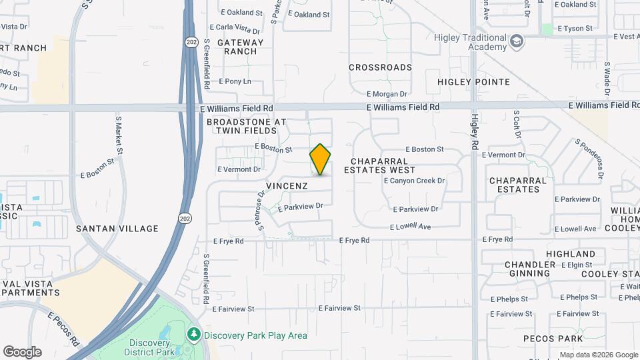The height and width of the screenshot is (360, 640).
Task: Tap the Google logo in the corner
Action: pos(22,351)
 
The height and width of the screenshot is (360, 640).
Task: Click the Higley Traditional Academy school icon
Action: pos(516,41)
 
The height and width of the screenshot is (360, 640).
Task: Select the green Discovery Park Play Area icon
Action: pos(194,333)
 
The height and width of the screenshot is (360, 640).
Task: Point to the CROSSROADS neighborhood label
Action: pos(381,67)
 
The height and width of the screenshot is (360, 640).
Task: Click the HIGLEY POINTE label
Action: pos(473,82)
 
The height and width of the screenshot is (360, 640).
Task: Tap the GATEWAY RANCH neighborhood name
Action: pos(240,47)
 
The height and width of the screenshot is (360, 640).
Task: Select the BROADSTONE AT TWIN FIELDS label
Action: pos(246,126)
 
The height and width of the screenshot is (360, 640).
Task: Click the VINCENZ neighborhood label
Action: pos(287,185)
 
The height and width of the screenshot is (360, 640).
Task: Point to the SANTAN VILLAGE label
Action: pos(117,228)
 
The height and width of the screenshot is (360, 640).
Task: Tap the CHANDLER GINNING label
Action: pos(530,269)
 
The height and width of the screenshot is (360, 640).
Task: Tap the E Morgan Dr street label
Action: pos(387,95)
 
